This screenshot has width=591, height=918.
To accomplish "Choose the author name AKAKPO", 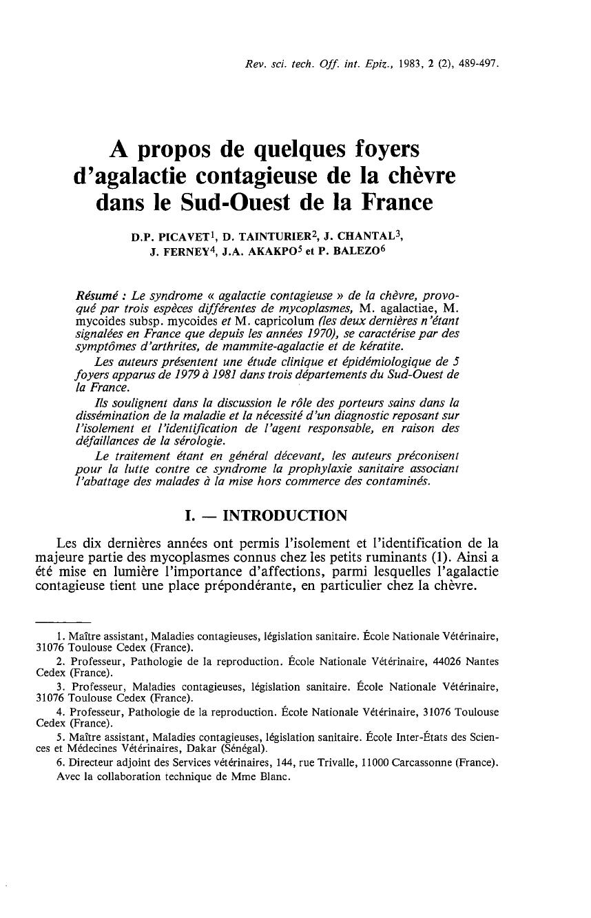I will (275, 252).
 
